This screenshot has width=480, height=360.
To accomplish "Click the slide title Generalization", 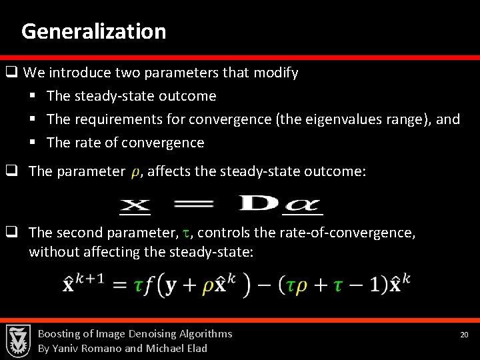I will click(x=93, y=31).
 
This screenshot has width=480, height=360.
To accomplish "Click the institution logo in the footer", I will click(x=19, y=341).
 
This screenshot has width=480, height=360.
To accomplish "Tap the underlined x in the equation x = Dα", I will click(x=135, y=205).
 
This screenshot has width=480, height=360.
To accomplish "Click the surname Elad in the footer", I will click(x=195, y=348).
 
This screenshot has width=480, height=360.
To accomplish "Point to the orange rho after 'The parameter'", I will click(x=136, y=173).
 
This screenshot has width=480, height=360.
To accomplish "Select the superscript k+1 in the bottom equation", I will click(x=89, y=277).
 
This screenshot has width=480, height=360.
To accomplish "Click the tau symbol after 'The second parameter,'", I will click(x=187, y=233).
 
